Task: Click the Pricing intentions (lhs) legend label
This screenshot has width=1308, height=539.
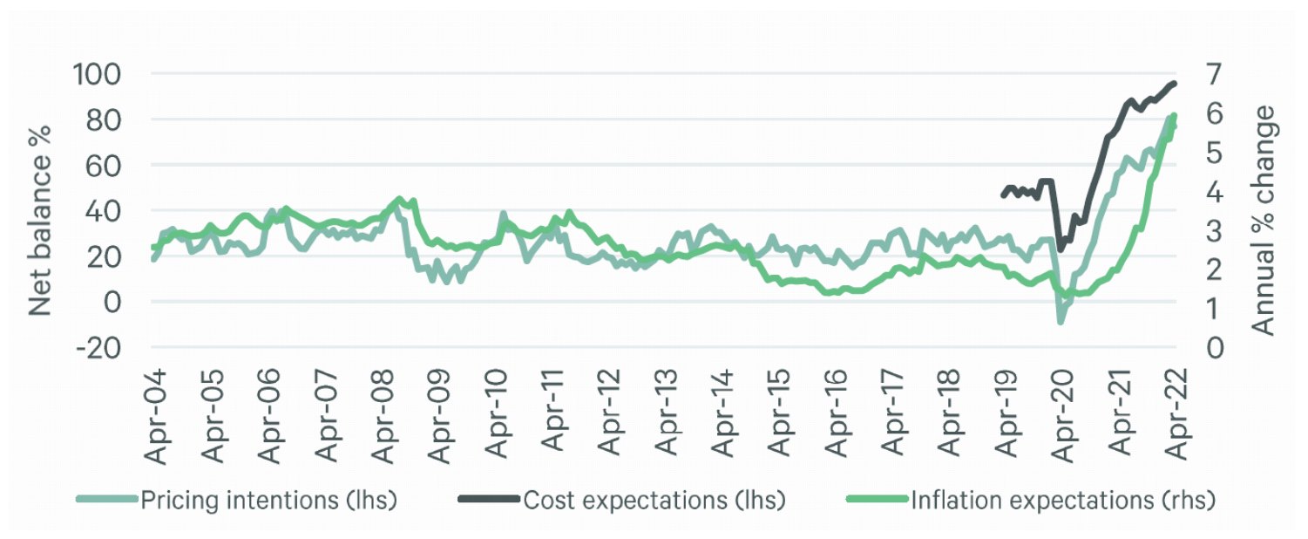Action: click(268, 501)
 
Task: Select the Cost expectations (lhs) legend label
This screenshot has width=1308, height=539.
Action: click(654, 501)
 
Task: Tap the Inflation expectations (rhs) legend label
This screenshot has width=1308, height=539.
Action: click(1063, 501)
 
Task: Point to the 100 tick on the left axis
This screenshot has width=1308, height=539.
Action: click(97, 74)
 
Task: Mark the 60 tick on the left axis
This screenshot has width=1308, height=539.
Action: click(104, 166)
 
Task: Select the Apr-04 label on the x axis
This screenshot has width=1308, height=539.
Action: click(155, 417)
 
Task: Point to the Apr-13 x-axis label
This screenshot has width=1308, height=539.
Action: click(666, 413)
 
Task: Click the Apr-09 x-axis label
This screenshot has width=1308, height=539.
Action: click(439, 416)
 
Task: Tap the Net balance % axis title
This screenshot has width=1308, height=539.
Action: click(40, 221)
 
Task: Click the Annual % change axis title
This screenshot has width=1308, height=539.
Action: click(1264, 221)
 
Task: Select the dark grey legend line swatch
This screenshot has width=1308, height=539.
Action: click(489, 499)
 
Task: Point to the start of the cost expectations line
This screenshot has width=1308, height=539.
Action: click(1003, 195)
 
